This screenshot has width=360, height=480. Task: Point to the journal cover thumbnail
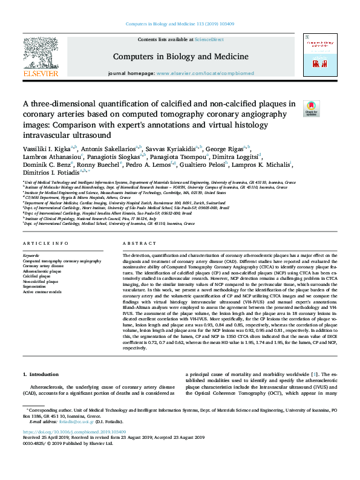coord(320,57)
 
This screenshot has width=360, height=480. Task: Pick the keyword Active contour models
coord(42,292)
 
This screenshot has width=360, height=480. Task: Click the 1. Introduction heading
coord(41,357)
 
